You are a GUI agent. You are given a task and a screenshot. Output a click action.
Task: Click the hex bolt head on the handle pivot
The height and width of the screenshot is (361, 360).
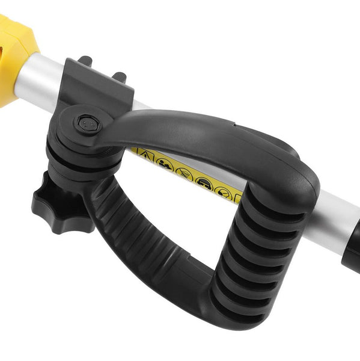point(88,125)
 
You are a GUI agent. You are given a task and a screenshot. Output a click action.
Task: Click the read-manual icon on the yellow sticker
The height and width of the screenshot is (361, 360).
point(165,164)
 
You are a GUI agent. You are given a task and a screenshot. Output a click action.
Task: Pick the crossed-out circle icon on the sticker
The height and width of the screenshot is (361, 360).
point(184,173)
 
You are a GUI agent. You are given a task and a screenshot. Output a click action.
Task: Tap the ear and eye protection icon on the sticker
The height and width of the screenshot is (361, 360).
point(204,182)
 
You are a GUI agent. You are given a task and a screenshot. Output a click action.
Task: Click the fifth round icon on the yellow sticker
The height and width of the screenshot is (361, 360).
point(223,193)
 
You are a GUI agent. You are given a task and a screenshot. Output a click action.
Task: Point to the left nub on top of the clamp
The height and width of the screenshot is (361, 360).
point(85,61)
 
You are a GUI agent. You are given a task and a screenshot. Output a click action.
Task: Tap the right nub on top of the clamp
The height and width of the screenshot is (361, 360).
point(120,76)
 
